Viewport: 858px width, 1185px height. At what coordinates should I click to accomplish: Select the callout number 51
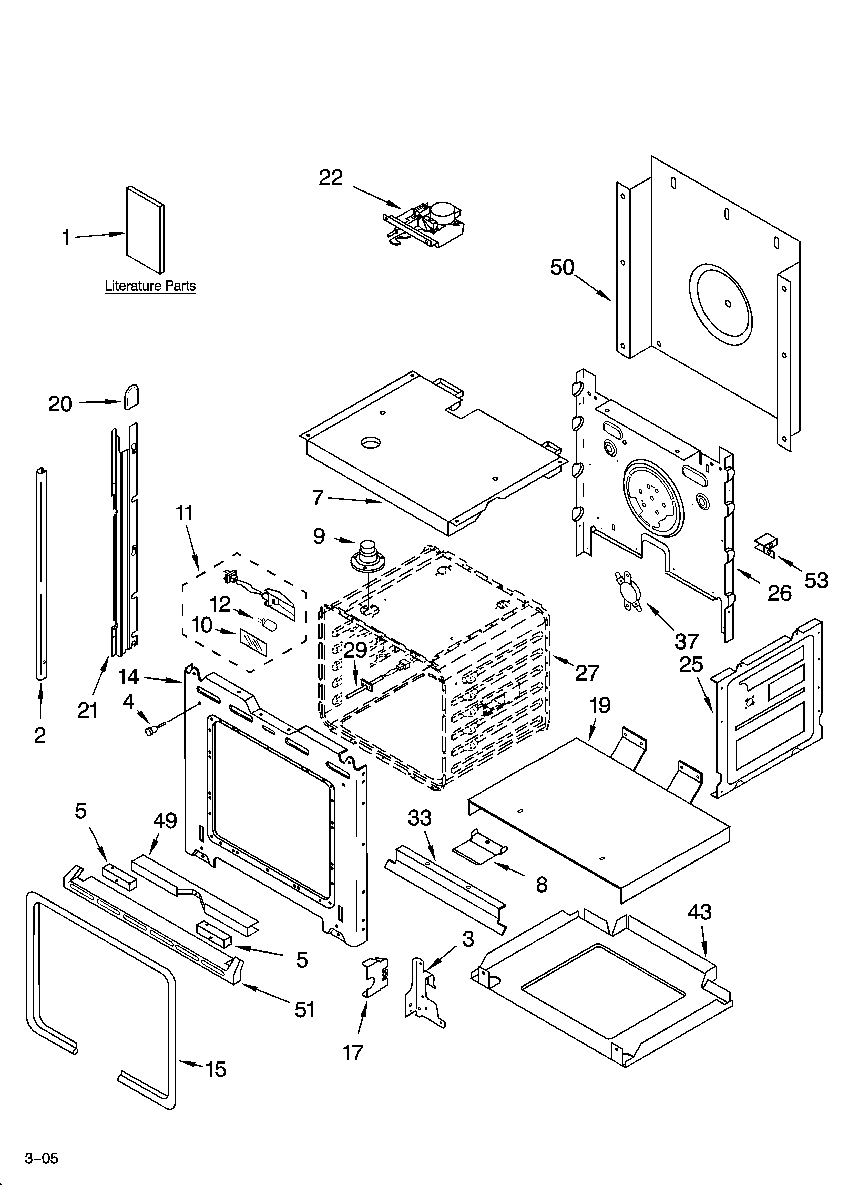coord(305,1009)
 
